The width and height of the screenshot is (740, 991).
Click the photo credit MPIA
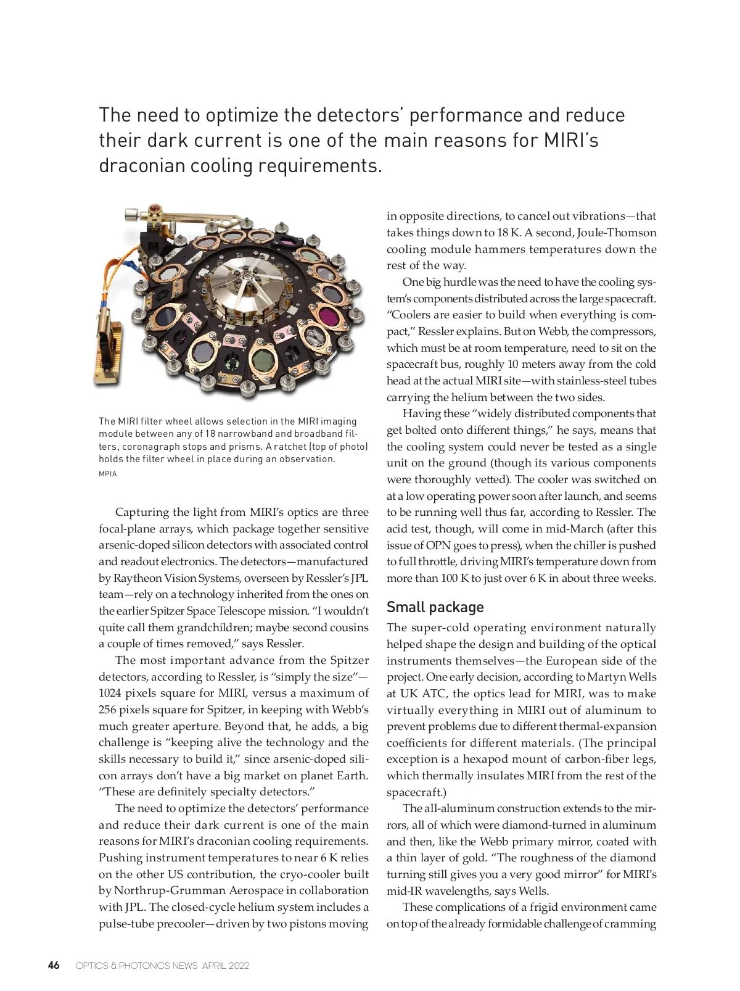pyautogui.click(x=107, y=474)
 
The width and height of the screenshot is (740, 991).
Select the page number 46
pyautogui.click(x=54, y=965)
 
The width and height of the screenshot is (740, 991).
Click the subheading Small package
pyautogui.click(x=435, y=607)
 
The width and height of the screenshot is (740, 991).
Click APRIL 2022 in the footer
pyautogui.click(x=226, y=966)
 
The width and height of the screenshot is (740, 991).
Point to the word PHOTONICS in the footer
pyautogui.click(x=144, y=966)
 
